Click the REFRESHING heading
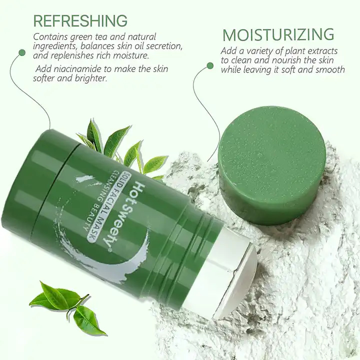[x=80, y=20]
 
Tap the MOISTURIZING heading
[x=278, y=35]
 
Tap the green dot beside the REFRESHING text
[x=22, y=52]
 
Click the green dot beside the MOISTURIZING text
[x=210, y=66]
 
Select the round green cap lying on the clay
[x=272, y=166]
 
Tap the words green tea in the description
[x=97, y=36]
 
